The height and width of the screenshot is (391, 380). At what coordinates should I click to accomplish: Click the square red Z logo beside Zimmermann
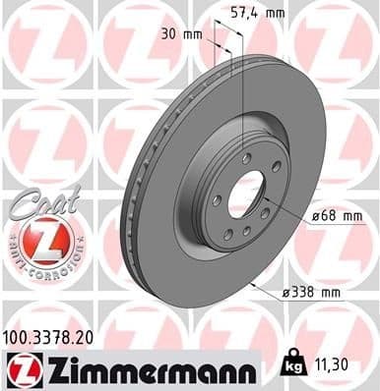coord(21,368)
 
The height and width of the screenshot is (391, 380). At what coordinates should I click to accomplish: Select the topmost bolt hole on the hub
coord(242,155)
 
